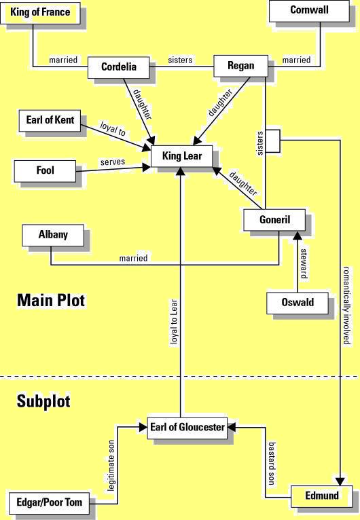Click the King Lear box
click(x=181, y=156)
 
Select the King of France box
click(x=39, y=12)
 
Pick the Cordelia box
click(x=119, y=67)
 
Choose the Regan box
click(x=240, y=66)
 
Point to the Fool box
click(x=46, y=170)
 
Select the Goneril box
click(x=274, y=220)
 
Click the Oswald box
click(x=297, y=302)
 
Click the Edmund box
click(x=322, y=496)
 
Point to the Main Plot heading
click(x=51, y=300)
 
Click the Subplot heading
click(x=43, y=401)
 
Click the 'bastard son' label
click(x=270, y=466)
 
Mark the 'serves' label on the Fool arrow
click(x=111, y=163)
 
